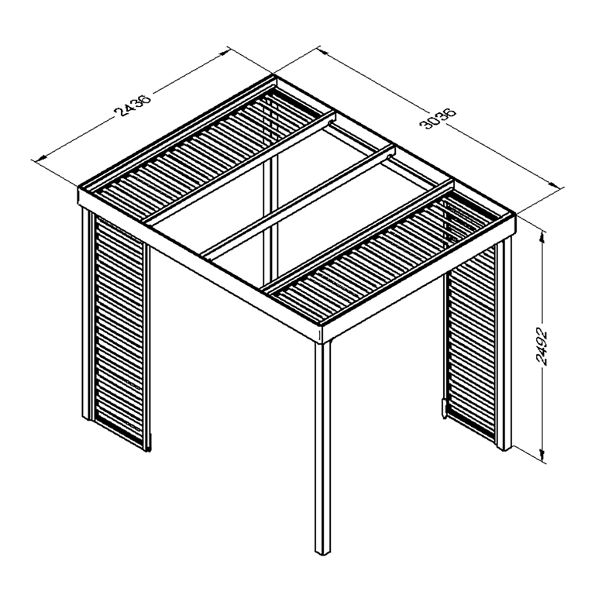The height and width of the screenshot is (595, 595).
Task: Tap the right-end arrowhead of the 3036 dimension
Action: click(555, 184)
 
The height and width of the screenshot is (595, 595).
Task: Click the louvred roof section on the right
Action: click(387, 256)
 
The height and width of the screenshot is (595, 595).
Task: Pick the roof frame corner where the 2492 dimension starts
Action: click(513, 217)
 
